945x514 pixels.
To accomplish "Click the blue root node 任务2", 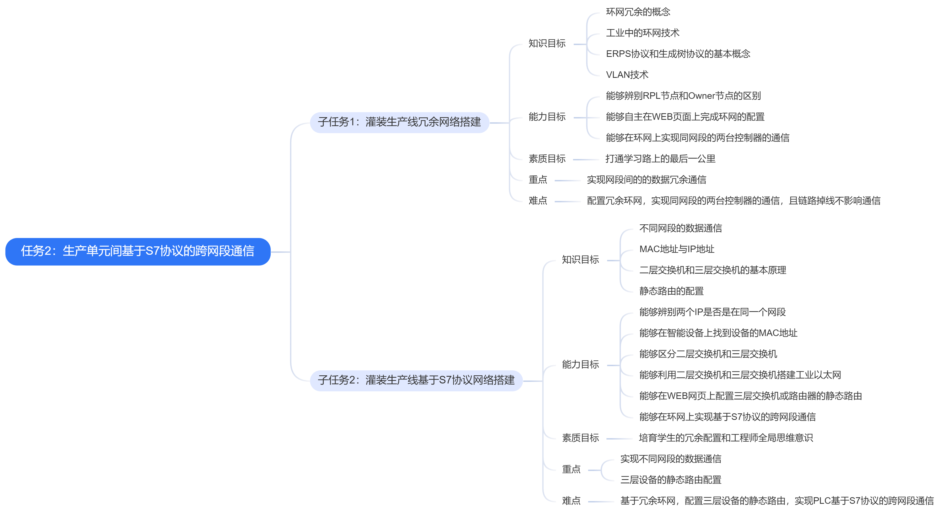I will pyautogui.click(x=138, y=251).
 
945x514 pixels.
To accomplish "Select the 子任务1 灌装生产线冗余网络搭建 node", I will pyautogui.click(x=399, y=122).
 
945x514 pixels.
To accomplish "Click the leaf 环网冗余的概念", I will pyautogui.click(x=638, y=12).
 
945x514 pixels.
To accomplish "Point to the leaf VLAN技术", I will pyautogui.click(x=627, y=75).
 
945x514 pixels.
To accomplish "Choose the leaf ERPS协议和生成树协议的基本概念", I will pyautogui.click(x=678, y=54).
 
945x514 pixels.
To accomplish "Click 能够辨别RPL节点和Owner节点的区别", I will pyautogui.click(x=683, y=96).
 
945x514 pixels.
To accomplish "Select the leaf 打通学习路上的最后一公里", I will pyautogui.click(x=660, y=159).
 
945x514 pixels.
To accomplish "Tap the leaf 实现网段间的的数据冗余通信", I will pyautogui.click(x=647, y=180).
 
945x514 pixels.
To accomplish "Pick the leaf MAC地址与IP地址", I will pyautogui.click(x=677, y=249).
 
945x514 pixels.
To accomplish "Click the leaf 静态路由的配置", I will pyautogui.click(x=671, y=291).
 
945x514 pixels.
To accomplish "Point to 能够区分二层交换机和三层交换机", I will pyautogui.click(x=708, y=354).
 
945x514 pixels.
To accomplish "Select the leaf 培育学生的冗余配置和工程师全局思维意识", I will pyautogui.click(x=726, y=438).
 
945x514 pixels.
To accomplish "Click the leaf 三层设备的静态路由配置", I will pyautogui.click(x=671, y=480).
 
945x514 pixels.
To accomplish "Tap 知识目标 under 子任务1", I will pyautogui.click(x=547, y=44).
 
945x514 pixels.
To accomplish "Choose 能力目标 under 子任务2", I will pyautogui.click(x=580, y=364).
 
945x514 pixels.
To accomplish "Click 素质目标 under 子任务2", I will pyautogui.click(x=580, y=438).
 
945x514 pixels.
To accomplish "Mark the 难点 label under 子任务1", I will pyautogui.click(x=538, y=201).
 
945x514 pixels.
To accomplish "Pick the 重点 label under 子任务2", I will pyautogui.click(x=571, y=469).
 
